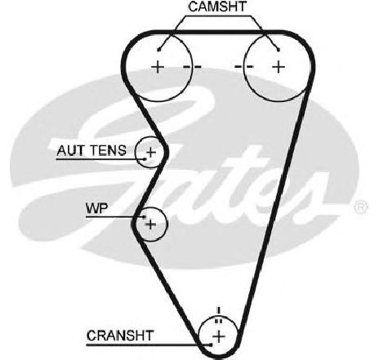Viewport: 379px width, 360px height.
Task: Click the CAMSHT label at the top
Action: coord(217,7)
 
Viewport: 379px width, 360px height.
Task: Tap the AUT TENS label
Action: coord(91,150)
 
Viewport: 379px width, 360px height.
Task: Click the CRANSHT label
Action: coord(120,336)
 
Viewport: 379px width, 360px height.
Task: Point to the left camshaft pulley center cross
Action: coord(158,67)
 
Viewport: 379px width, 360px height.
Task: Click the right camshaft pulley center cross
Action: coord(279,67)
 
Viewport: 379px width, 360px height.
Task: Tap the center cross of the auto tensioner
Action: coord(151,152)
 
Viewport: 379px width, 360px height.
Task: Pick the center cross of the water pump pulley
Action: coord(151,224)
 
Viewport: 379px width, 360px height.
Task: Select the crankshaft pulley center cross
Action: coord(219,337)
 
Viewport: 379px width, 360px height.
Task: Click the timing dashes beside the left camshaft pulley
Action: coord(192,67)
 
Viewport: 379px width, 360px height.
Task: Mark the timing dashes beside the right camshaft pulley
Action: coord(244,67)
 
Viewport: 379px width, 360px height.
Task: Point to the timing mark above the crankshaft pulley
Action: coord(218,315)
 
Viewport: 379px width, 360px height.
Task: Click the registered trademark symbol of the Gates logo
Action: coord(361,207)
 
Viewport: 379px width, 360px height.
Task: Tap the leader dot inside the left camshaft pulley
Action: coord(158,50)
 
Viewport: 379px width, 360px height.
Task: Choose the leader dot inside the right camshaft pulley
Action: coord(279,50)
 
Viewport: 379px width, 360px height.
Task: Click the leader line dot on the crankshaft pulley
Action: coord(211,345)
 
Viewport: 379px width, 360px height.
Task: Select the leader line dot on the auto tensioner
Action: coord(145,158)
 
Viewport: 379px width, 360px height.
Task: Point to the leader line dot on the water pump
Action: coord(145,217)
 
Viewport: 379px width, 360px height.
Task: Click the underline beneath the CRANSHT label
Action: coord(149,345)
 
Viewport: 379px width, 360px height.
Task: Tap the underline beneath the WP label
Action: coord(115,217)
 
